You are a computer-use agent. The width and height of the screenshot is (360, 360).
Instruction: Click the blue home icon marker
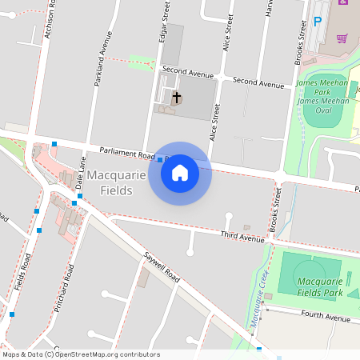(x=180, y=173)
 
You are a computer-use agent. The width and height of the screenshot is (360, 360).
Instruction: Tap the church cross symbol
(x=176, y=98)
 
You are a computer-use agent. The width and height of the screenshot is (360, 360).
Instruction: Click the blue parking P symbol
(x=317, y=22)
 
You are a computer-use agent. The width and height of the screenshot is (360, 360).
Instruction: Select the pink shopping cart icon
(x=342, y=38)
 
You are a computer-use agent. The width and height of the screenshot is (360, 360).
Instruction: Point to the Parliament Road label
(x=126, y=153)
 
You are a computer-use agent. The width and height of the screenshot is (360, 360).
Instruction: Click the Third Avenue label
(x=242, y=236)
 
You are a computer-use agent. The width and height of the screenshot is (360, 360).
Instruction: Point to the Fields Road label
(x=27, y=272)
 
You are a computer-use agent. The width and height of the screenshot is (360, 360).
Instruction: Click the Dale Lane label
(x=80, y=172)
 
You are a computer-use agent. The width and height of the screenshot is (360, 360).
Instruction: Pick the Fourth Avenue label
(x=326, y=318)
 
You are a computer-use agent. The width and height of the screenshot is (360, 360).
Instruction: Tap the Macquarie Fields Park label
(x=319, y=287)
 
